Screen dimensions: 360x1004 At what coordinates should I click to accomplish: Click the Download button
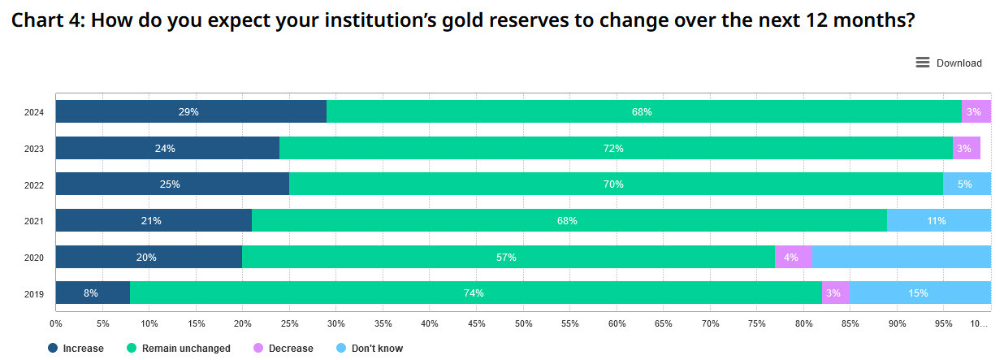pos(948,63)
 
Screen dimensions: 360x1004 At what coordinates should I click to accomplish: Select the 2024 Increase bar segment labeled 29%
pos(190,111)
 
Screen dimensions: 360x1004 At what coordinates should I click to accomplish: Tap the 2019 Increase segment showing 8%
pos(92,293)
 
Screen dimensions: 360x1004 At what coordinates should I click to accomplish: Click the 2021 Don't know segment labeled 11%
pos(938,220)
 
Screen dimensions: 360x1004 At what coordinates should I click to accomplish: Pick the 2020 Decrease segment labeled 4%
pos(793,257)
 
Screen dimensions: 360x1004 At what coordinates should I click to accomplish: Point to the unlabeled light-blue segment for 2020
pos(901,257)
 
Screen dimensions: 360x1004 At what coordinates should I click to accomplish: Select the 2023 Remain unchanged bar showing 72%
pos(615,148)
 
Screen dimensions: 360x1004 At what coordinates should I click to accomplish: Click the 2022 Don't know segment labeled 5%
pos(966,184)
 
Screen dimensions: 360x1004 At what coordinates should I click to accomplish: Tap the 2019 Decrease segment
pos(835,293)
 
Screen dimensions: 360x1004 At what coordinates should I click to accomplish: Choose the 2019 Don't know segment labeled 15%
pos(920,293)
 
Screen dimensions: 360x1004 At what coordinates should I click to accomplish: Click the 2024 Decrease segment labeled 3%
pos(976,111)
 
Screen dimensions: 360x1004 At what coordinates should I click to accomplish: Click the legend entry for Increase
pos(76,349)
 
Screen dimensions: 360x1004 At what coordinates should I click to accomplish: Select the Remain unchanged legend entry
pos(179,349)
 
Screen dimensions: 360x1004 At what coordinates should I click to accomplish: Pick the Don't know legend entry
pos(369,349)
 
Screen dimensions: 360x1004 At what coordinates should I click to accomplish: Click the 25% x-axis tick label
pos(289,323)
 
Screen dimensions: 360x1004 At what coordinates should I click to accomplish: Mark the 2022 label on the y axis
pos(34,185)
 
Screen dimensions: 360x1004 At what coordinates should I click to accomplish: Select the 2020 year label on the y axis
pos(34,258)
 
